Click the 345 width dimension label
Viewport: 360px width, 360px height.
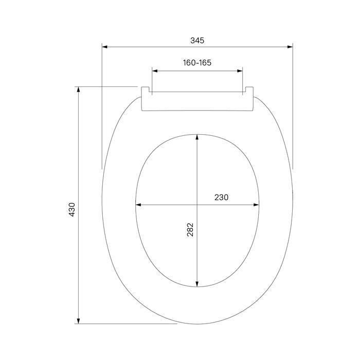coord(197,41)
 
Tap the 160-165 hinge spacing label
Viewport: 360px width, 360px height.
coord(197,63)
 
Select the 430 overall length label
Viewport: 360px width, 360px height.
coord(72,210)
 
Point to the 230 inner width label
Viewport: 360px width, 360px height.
coord(222,197)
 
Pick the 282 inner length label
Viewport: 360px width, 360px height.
coord(190,229)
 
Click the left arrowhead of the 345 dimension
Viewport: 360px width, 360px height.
coord(105,47)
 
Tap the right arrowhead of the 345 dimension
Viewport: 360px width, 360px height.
coord(290,47)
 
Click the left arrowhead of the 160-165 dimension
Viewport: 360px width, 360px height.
coord(155,71)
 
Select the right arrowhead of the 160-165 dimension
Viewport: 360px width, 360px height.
coord(240,71)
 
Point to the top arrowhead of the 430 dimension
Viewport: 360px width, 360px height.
coord(78,89)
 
